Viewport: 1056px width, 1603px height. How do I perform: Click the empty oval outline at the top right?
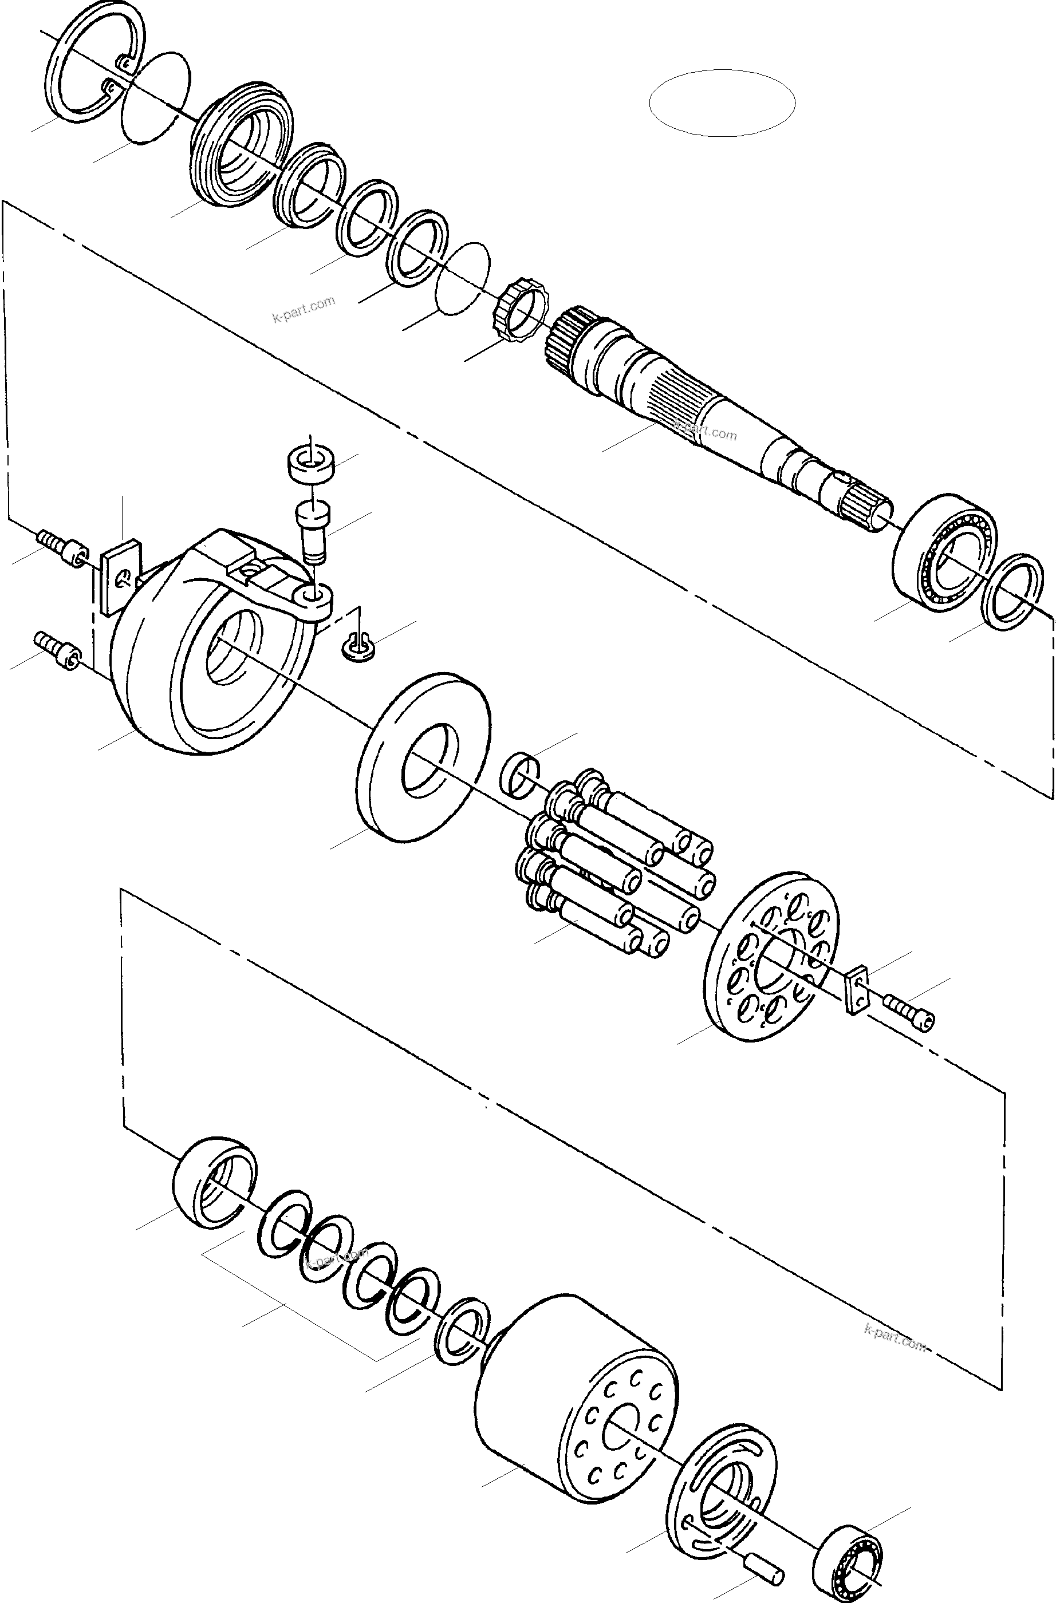pos(722,102)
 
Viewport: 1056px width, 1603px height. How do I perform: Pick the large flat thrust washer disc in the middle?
pos(423,756)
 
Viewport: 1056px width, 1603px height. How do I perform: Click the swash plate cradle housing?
pos(209,646)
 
